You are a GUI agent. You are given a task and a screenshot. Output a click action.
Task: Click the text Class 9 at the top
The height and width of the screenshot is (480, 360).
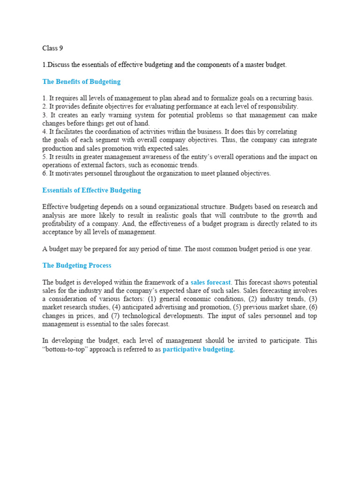click(x=52, y=48)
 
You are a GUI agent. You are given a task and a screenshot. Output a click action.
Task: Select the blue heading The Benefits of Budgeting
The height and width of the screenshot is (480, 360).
click(x=81, y=82)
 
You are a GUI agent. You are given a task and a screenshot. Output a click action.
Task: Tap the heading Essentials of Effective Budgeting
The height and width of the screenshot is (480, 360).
click(x=91, y=190)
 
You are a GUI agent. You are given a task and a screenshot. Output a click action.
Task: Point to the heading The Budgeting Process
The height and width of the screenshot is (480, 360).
click(x=77, y=265)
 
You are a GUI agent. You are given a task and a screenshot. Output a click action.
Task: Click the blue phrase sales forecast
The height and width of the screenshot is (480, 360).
click(x=210, y=282)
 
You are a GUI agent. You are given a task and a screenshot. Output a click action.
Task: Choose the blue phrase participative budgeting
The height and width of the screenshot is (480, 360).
click(x=198, y=350)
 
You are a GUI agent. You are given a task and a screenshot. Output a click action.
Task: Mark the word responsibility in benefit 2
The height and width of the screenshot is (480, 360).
click(x=276, y=107)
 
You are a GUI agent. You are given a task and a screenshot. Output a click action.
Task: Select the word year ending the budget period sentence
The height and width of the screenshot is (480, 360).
click(x=305, y=249)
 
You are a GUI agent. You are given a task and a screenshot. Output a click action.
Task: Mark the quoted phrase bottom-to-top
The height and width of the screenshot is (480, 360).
click(x=65, y=350)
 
